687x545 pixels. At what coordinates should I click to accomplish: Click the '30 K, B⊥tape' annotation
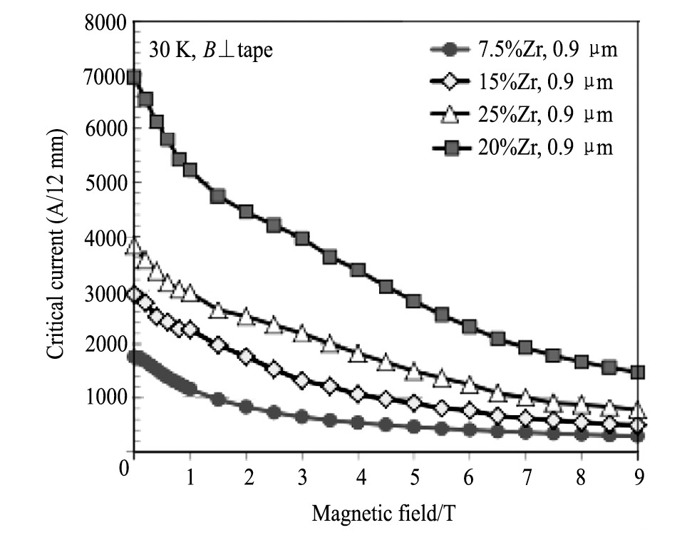(x=210, y=51)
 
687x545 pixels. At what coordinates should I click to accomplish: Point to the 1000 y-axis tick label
(x=105, y=398)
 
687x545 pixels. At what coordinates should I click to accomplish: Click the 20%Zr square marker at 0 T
(x=134, y=77)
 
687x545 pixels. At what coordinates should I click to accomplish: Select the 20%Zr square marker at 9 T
(x=638, y=372)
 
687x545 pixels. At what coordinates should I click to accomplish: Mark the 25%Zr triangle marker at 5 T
(x=414, y=371)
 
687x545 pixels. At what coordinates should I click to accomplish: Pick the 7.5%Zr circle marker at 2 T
(x=246, y=407)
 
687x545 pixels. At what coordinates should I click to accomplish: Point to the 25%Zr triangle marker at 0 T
(x=134, y=248)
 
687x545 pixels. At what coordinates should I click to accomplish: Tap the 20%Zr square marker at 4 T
(x=358, y=270)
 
